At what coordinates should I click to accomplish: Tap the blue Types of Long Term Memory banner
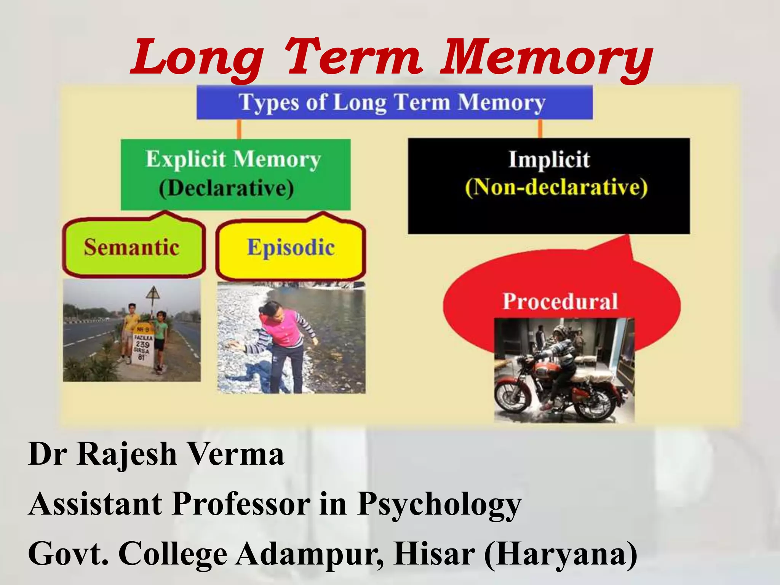pyautogui.click(x=394, y=102)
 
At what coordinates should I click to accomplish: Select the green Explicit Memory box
pyautogui.click(x=235, y=174)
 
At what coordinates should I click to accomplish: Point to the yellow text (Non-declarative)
pyautogui.click(x=556, y=187)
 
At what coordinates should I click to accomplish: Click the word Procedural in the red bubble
pyautogui.click(x=560, y=301)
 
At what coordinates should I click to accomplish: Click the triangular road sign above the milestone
pyautogui.click(x=153, y=294)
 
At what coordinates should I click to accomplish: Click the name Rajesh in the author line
pyautogui.click(x=127, y=454)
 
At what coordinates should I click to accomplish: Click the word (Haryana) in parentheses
pyautogui.click(x=561, y=553)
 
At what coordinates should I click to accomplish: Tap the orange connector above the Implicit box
pyautogui.click(x=540, y=129)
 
